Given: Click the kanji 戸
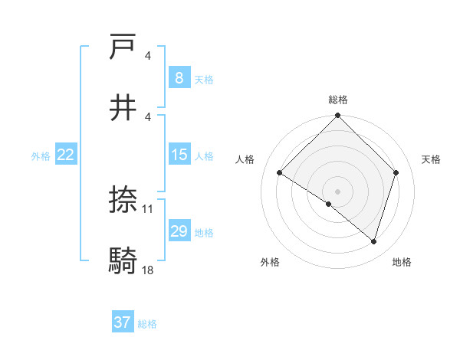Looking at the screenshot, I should point(123,47).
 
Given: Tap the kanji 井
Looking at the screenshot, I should point(123,107).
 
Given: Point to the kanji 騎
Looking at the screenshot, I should point(123,260).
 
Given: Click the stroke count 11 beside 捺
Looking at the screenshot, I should point(148,208).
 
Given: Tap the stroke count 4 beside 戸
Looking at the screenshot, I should point(148,56).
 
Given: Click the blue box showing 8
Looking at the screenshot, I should point(179,78).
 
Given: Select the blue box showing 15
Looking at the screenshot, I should point(179,155).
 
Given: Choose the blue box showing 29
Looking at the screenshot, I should point(179,231).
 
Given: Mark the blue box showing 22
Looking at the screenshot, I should point(66,155).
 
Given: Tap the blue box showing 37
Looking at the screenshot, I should point(123,322).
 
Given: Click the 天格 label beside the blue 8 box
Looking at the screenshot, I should point(204,79).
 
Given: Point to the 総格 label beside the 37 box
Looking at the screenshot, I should point(147,324).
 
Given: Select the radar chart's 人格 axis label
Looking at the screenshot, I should point(245,159).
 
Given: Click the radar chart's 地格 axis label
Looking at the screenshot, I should point(402,262).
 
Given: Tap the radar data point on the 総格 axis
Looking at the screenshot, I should point(337,116).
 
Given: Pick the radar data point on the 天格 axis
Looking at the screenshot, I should point(396,172).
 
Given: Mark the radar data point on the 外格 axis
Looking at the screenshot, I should point(329,204).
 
